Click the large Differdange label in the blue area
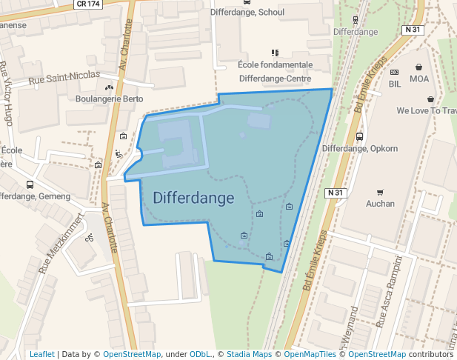tap(193, 198)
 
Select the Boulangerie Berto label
tap(110, 99)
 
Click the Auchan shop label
tap(381, 203)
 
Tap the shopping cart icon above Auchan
tap(381, 192)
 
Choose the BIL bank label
tap(395, 84)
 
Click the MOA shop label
tap(419, 79)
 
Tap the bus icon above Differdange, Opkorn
tap(359, 137)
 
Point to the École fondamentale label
tap(275, 65)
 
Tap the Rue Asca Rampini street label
tap(390, 293)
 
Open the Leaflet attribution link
tap(41, 354)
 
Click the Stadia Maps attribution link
tap(249, 354)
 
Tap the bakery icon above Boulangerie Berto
tap(109, 88)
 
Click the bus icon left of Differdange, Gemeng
tap(30, 185)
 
